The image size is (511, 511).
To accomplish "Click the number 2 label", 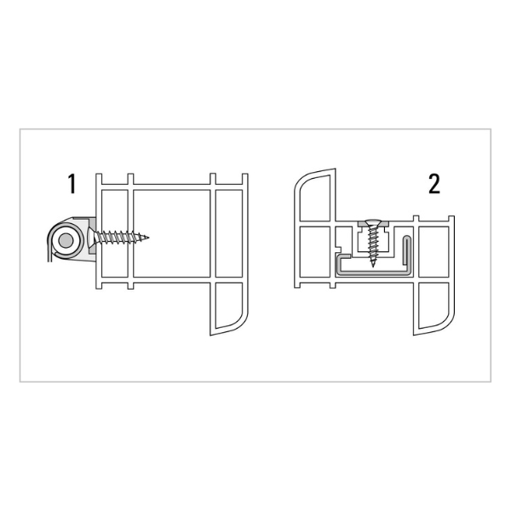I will [434, 183].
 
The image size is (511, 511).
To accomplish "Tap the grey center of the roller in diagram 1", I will [62, 242].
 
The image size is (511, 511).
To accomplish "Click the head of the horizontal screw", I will [90, 236].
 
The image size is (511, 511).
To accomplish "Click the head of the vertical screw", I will [372, 226].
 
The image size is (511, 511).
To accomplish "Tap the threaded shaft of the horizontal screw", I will [123, 236].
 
